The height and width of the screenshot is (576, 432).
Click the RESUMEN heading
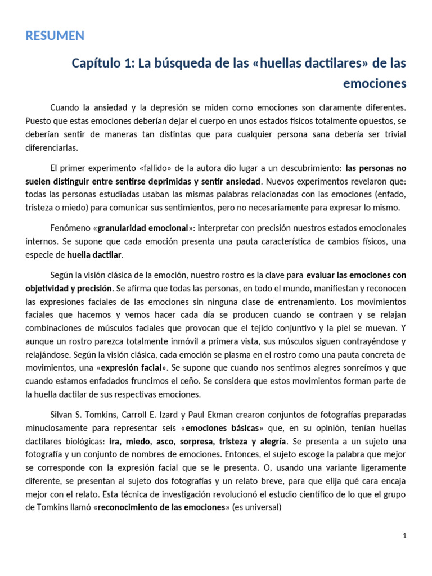click(55, 36)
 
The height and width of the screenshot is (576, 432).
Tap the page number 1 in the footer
click(404, 536)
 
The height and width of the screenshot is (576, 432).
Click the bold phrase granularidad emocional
click(142, 228)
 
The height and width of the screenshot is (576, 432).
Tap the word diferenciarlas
click(53, 147)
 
